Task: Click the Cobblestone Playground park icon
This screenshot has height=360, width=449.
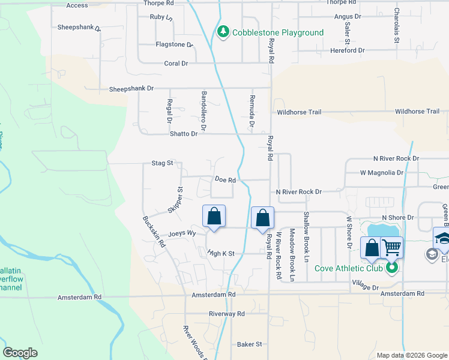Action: pyautogui.click(x=223, y=32)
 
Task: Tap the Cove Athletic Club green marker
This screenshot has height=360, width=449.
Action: pyautogui.click(x=392, y=268)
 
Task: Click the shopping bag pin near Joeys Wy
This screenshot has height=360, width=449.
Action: pyautogui.click(x=214, y=217)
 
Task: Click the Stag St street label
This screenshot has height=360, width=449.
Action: pyautogui.click(x=162, y=163)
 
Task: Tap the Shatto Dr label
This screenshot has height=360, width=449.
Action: pyautogui.click(x=185, y=134)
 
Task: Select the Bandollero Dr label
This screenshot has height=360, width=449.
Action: pyautogui.click(x=203, y=111)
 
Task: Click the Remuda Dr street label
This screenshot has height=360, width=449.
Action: pyautogui.click(x=252, y=111)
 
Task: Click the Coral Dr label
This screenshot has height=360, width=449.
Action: pyautogui.click(x=176, y=63)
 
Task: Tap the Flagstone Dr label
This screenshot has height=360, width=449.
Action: pyautogui.click(x=174, y=44)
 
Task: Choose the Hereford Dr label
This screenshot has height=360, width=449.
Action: pyautogui.click(x=348, y=50)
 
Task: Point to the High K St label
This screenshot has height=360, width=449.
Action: pyautogui.click(x=224, y=254)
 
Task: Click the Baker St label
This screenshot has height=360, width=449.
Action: pyautogui.click(x=250, y=344)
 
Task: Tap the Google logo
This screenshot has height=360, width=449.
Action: pyautogui.click(x=20, y=353)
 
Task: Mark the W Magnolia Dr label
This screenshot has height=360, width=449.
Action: pyautogui.click(x=381, y=173)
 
